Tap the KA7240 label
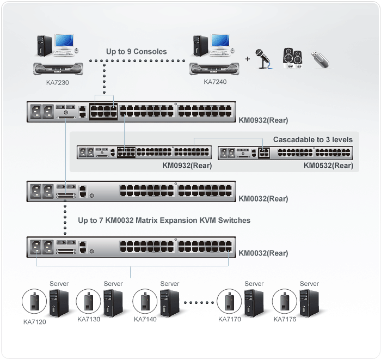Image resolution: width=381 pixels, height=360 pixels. (x=215, y=82)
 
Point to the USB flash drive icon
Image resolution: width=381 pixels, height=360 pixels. (x=321, y=59)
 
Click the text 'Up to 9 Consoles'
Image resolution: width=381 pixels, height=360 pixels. (x=136, y=52)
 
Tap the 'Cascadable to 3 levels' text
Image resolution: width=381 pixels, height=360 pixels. (x=312, y=139)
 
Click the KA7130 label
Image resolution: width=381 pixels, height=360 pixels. (x=89, y=319)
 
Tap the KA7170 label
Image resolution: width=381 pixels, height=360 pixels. (x=229, y=319)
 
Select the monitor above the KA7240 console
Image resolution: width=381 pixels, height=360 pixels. (x=221, y=42)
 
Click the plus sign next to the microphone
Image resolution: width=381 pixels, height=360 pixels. (x=248, y=58)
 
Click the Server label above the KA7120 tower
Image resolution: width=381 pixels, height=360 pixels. (x=59, y=284)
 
